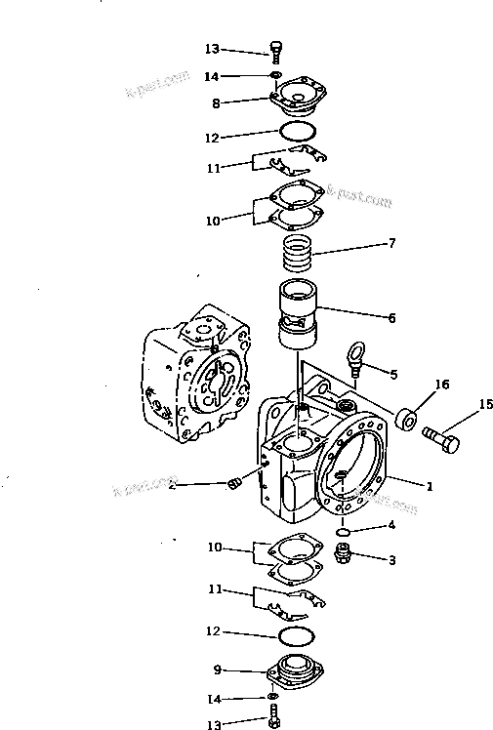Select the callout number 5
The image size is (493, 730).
[x=392, y=374]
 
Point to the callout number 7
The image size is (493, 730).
[x=392, y=243]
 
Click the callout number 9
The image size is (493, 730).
[x=217, y=669]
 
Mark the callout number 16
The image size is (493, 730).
[x=443, y=385]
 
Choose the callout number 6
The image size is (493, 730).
[x=391, y=317]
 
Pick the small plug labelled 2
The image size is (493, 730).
[x=232, y=484]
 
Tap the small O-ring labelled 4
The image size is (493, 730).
[x=344, y=532]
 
